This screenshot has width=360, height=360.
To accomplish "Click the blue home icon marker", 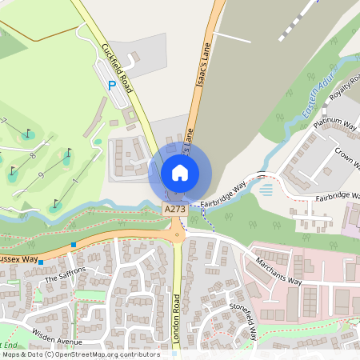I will tap(180, 172).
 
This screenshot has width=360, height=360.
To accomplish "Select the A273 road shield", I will tap(175, 208).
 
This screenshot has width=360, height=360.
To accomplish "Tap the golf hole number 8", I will tap(33, 156).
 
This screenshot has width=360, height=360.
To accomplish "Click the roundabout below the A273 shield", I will tap(177, 234).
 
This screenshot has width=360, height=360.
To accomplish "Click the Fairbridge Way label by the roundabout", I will tap(225, 195).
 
